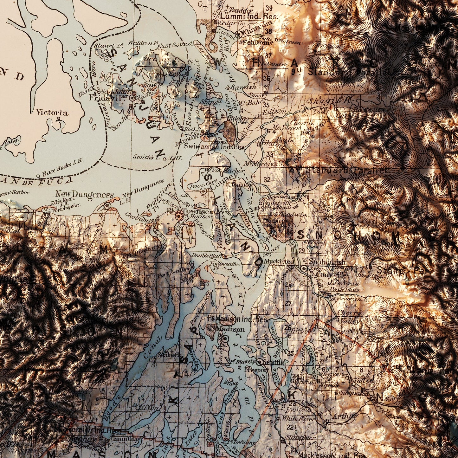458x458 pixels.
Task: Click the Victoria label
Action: point(52,113)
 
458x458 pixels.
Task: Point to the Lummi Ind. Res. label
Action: point(249,16)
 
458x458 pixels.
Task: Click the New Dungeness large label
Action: point(85,194)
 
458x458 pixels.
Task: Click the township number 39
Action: point(269,8)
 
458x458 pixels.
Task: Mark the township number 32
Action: point(267,180)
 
